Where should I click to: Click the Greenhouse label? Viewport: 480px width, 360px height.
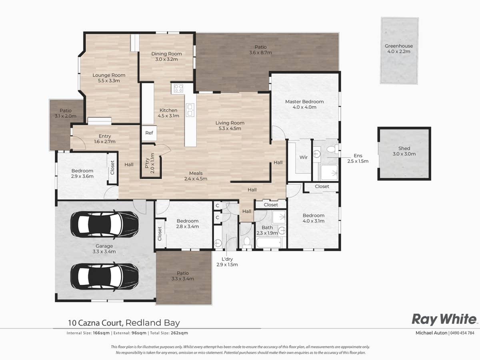(x=399, y=46)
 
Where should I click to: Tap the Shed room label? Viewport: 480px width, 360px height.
(x=404, y=148)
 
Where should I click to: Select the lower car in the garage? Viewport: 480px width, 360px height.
(x=104, y=276)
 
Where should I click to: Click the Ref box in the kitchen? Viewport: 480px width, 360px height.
(x=149, y=133)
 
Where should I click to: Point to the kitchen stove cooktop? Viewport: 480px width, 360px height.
(x=177, y=88)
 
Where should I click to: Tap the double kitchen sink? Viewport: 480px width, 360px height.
(x=190, y=110)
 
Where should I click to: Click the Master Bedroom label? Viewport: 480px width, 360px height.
(x=304, y=102)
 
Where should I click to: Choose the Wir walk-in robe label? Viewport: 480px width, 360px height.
(x=304, y=157)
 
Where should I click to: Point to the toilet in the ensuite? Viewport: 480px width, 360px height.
(x=331, y=150)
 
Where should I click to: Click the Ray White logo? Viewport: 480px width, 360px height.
(x=444, y=319)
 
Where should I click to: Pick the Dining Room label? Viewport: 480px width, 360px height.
(x=166, y=54)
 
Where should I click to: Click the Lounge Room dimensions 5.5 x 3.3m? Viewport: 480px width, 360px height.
(x=109, y=80)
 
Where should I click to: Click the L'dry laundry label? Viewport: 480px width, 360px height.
(x=227, y=260)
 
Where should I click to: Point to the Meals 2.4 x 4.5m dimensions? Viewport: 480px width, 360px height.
(x=196, y=179)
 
